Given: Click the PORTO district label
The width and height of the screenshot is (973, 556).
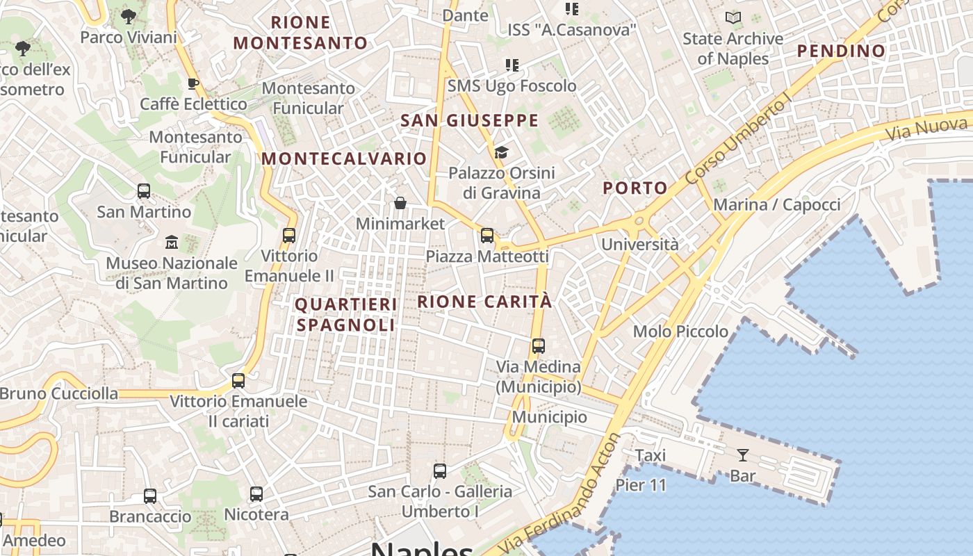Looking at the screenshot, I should (x=635, y=188).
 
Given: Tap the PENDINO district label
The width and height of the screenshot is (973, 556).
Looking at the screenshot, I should (x=841, y=51).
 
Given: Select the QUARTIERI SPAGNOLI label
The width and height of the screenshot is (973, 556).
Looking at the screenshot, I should (x=345, y=315).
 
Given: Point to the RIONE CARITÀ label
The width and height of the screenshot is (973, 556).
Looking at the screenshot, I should (x=484, y=302).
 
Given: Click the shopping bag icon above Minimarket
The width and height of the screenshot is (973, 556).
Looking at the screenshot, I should (x=400, y=203).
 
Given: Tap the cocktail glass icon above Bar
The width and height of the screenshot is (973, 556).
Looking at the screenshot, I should (x=743, y=455).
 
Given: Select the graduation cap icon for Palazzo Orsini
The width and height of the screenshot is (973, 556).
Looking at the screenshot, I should (x=501, y=152).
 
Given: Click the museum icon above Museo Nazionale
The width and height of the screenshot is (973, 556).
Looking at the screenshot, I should (x=171, y=243).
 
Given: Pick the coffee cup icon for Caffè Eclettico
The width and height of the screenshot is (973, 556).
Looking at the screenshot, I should (x=193, y=84).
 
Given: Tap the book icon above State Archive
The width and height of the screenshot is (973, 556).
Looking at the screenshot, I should (x=733, y=18).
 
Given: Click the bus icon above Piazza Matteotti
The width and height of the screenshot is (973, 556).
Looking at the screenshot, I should (x=487, y=236).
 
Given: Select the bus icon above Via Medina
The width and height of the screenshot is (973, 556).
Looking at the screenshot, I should (x=538, y=345).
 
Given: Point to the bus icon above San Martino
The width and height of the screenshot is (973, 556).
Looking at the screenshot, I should (x=144, y=190).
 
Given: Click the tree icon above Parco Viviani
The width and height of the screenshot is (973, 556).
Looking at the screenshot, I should (x=128, y=16).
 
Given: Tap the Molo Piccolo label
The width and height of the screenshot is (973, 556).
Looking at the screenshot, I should (x=680, y=332).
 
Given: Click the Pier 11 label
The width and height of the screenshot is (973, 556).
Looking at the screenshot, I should (x=641, y=484).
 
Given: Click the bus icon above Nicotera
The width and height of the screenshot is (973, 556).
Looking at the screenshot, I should (x=256, y=494).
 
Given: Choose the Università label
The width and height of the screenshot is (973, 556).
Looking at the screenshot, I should (x=639, y=245).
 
